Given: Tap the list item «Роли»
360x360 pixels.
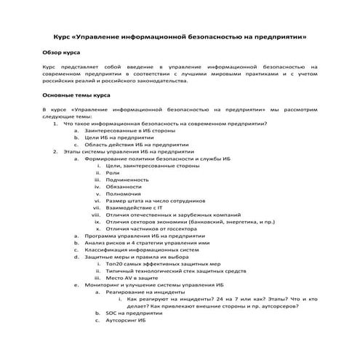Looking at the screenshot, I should [x=112, y=173].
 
